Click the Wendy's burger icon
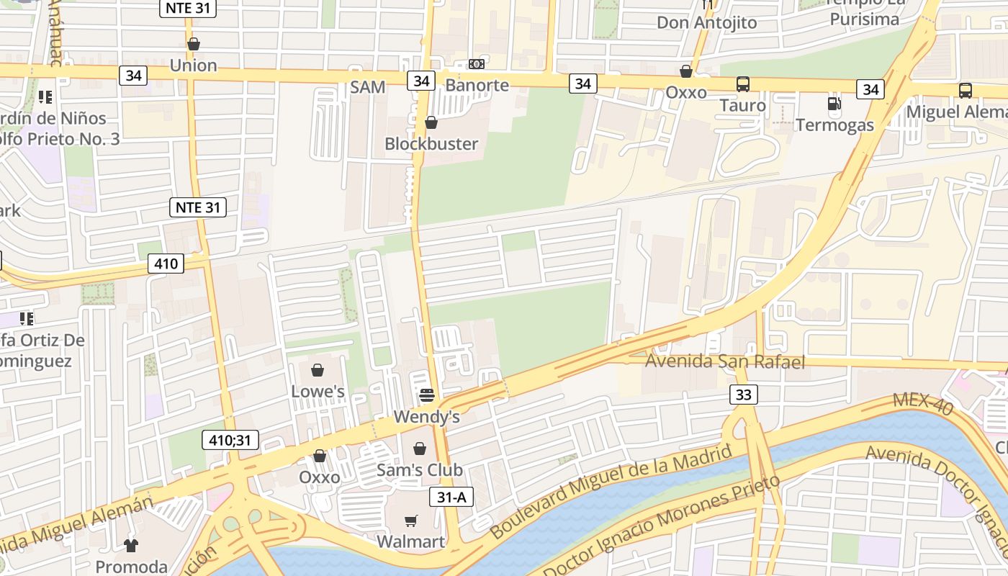pyautogui.click(x=426, y=395)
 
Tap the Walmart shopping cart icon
pyautogui.click(x=410, y=521)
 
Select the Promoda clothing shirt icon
pyautogui.click(x=130, y=546)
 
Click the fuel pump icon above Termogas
pyautogui.click(x=834, y=104)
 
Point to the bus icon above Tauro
pyautogui.click(x=743, y=84)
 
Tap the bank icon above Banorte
pyautogui.click(x=476, y=64)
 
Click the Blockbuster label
pyautogui.click(x=431, y=144)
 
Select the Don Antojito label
pyautogui.click(x=706, y=23)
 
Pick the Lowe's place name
pyautogui.click(x=318, y=392)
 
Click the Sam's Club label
pyautogui.click(x=420, y=470)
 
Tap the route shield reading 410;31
pyautogui.click(x=230, y=439)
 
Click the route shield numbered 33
pyautogui.click(x=744, y=394)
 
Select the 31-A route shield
pyautogui.click(x=451, y=496)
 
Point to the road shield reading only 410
pyautogui.click(x=166, y=264)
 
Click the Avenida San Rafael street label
pyautogui.click(x=724, y=361)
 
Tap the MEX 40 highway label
pyautogui.click(x=922, y=404)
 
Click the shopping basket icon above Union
pyautogui.click(x=193, y=45)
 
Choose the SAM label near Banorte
pyautogui.click(x=367, y=88)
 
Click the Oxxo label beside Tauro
pyautogui.click(x=685, y=93)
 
